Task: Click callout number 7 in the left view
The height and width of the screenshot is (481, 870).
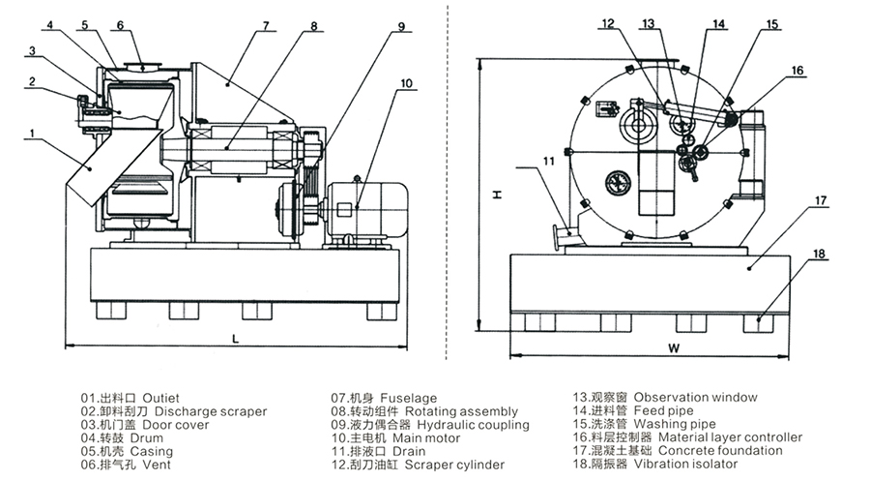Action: tap(266, 25)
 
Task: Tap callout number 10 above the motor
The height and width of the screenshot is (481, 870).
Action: tap(407, 83)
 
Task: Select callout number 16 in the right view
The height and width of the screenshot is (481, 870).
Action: tap(797, 71)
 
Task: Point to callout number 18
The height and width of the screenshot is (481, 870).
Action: tap(819, 254)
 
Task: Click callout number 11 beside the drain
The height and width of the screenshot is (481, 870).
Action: tap(549, 161)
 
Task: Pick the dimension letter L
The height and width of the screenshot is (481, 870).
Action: tap(235, 339)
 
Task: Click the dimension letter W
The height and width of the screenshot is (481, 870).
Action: tap(673, 348)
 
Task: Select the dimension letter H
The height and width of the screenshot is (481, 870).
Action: tap(498, 195)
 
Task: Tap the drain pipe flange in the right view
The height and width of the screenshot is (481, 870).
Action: tap(557, 237)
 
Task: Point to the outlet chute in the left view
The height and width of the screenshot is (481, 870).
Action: tap(111, 166)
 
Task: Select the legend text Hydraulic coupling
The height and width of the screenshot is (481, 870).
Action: tap(474, 425)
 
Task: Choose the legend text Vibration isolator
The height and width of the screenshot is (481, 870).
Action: tap(685, 464)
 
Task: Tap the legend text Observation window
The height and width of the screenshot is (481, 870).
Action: tap(695, 397)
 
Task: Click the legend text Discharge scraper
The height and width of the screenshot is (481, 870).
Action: tap(211, 411)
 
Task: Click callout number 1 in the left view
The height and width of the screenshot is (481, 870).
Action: tap(32, 134)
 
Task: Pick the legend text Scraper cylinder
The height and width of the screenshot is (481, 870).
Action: tap(454, 465)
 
